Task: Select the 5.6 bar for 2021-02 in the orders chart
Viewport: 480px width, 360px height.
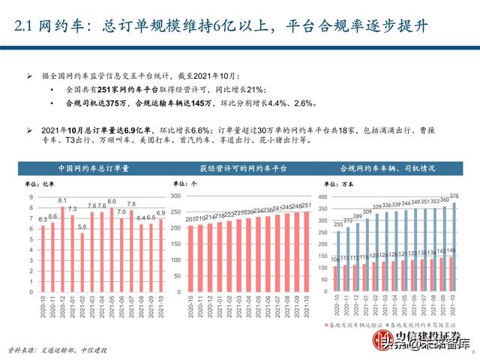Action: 82,251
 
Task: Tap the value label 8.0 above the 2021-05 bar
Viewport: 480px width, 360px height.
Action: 111,201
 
